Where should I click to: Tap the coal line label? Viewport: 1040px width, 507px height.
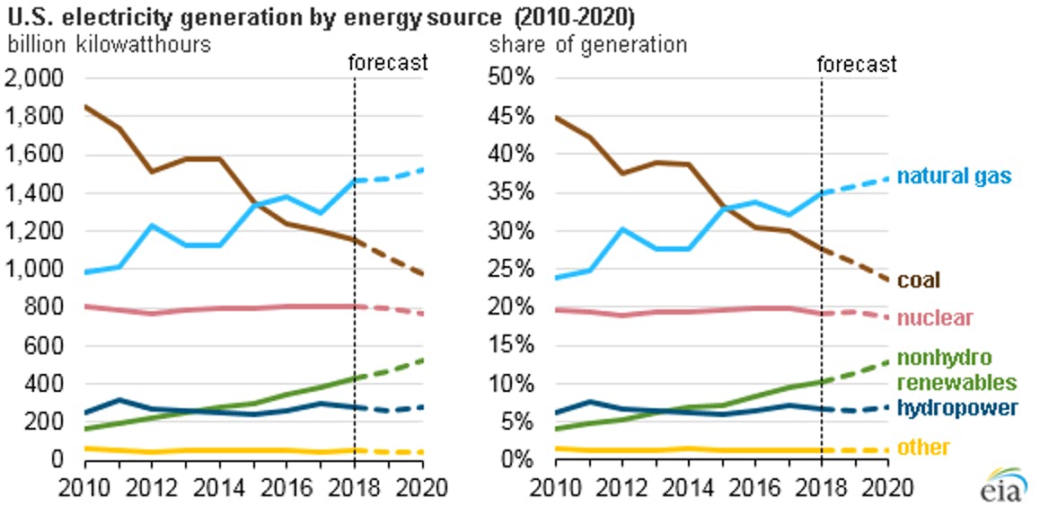pyautogui.click(x=919, y=280)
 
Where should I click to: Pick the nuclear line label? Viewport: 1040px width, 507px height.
pyautogui.click(x=935, y=318)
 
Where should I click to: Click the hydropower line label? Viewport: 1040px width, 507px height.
pyautogui.click(x=957, y=408)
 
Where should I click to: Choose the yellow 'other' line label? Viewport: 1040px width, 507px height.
pyautogui.click(x=924, y=447)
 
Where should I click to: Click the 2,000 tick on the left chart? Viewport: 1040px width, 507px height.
pyautogui.click(x=34, y=78)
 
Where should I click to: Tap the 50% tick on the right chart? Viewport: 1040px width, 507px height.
pyautogui.click(x=516, y=78)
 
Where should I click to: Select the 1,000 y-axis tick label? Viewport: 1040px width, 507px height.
pyautogui.click(x=34, y=269)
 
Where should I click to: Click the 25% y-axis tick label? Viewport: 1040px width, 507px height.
pyautogui.click(x=516, y=269)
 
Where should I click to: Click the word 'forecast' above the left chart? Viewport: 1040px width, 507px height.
pyautogui.click(x=387, y=62)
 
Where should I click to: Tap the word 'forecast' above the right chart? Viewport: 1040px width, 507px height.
pyautogui.click(x=857, y=64)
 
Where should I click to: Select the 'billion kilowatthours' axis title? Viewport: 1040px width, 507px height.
pyautogui.click(x=109, y=44)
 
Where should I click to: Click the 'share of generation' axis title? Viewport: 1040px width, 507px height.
pyautogui.click(x=588, y=44)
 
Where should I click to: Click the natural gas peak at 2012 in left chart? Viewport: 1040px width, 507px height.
pyautogui.click(x=153, y=226)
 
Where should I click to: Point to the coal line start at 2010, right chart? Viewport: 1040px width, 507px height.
pyautogui.click(x=556, y=118)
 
